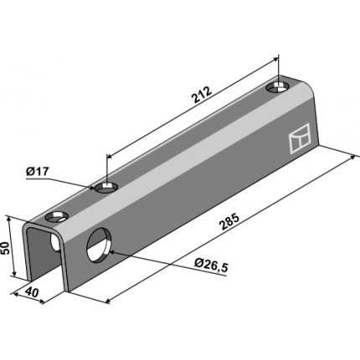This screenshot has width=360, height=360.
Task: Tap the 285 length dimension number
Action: point(229,221)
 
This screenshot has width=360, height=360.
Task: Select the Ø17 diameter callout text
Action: point(37,172)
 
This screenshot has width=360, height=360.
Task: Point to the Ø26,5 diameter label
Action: point(212,265)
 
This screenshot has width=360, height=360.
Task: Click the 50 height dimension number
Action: point(6,248)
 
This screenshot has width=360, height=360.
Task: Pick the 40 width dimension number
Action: point(32,292)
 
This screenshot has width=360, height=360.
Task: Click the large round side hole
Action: point(99,244)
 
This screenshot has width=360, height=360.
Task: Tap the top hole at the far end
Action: point(277,87)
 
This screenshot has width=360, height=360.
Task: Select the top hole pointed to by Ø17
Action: point(105,188)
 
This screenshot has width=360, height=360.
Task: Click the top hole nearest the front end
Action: point(57,217)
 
